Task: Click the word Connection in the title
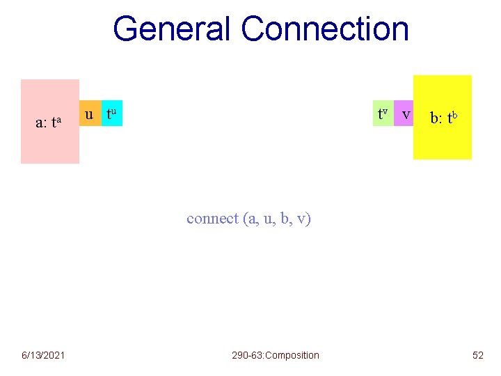coord(325,29)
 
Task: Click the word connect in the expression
coord(212,219)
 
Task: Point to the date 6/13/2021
coord(43,355)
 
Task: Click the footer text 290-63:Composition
coord(276,355)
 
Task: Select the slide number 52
coord(477,355)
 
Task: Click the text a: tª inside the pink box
coord(49,123)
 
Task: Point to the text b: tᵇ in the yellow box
coord(443,118)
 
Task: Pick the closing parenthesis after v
coord(309,219)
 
